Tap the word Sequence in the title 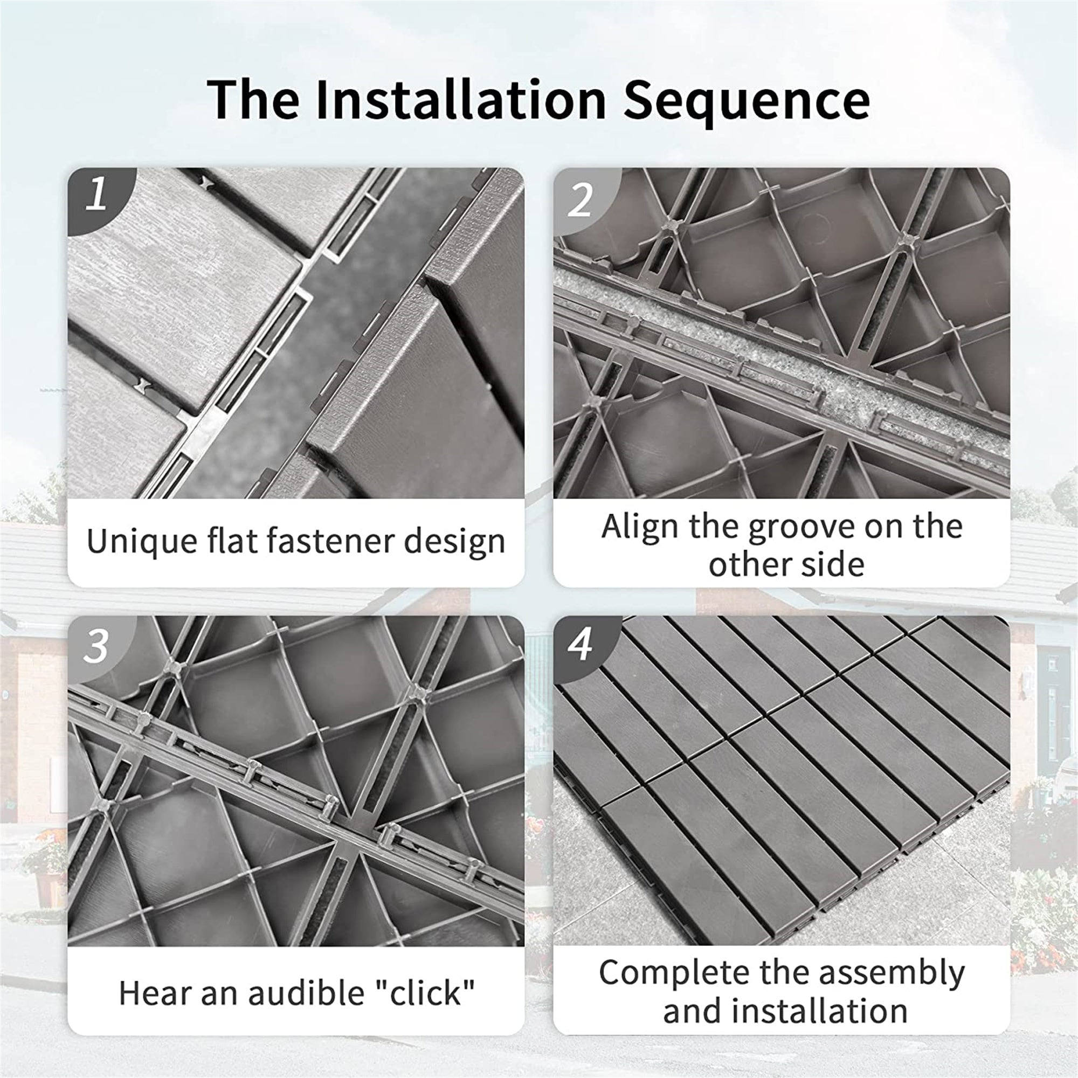[x=746, y=100]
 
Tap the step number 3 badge [x=96, y=647]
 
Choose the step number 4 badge [x=581, y=646]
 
